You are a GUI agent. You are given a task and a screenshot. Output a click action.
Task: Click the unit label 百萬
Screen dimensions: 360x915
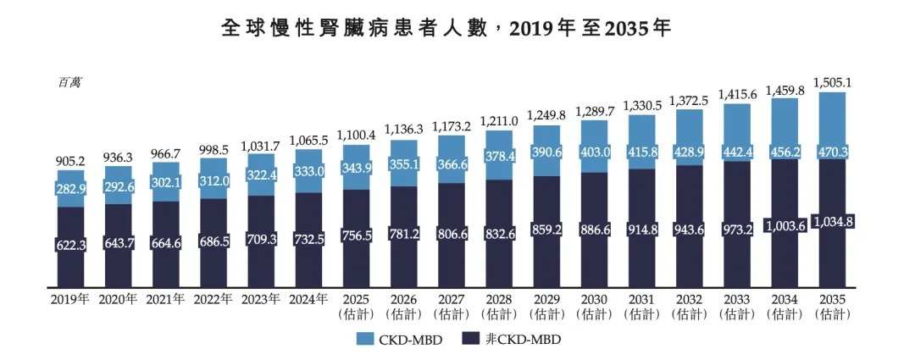tap(69, 82)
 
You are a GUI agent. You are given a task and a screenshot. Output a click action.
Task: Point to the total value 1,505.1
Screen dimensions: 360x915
tap(834, 82)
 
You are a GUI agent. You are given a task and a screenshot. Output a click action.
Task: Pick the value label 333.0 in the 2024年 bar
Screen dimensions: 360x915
tap(309, 169)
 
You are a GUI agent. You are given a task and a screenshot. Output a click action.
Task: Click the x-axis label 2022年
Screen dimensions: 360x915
tap(213, 299)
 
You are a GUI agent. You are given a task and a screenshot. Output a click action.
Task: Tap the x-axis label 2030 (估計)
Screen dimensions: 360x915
tap(592, 306)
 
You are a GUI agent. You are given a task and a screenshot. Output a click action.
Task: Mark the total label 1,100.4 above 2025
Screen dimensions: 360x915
tap(356, 135)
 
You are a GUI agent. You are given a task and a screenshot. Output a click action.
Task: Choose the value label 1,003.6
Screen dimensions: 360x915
tap(787, 225)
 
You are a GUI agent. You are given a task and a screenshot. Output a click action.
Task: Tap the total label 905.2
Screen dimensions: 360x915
tap(70, 161)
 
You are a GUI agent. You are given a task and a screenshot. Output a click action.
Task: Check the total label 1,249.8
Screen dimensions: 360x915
tap(546, 114)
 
